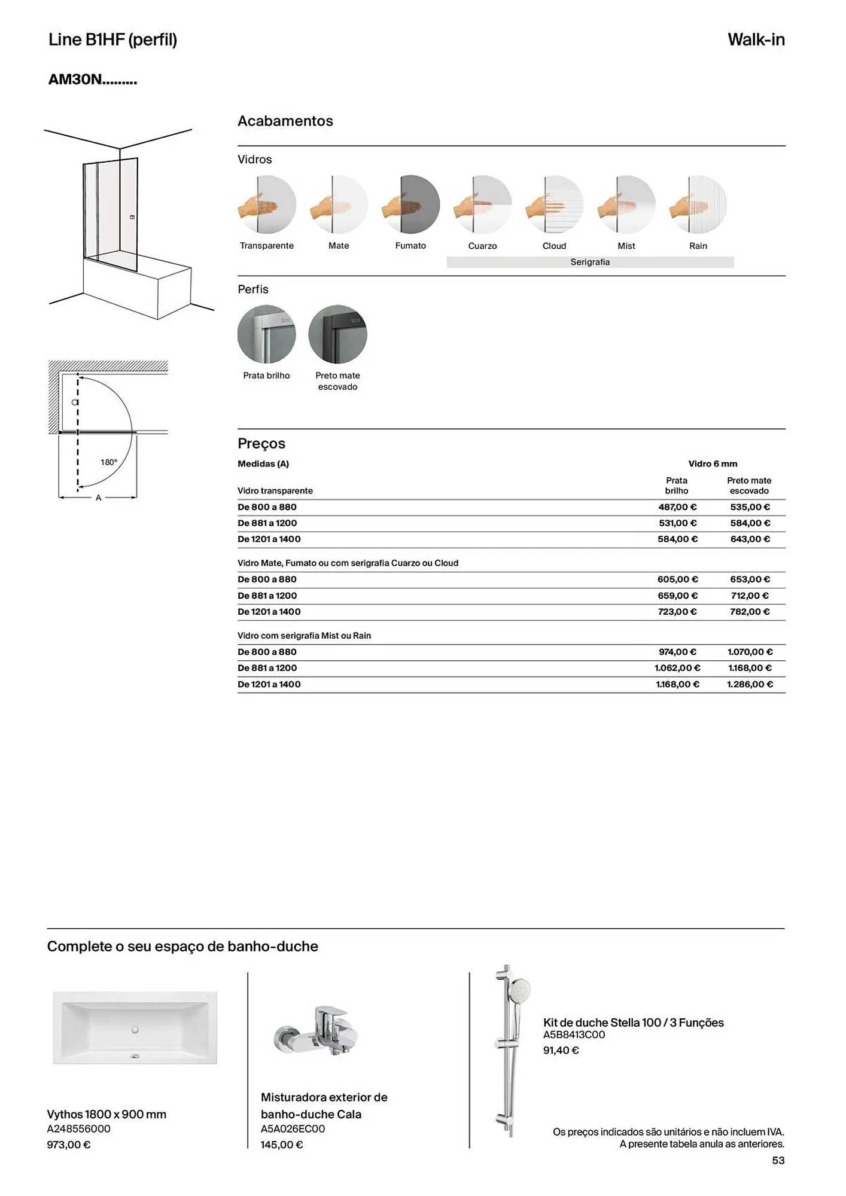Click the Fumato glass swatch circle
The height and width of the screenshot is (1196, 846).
pyautogui.click(x=411, y=205)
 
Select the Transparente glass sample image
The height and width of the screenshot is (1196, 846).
pyautogui.click(x=267, y=205)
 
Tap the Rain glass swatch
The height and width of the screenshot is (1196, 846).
pyautogui.click(x=698, y=205)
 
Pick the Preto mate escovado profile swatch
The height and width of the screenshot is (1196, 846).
pyautogui.click(x=337, y=334)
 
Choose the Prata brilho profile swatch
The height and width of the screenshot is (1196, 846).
pyautogui.click(x=266, y=334)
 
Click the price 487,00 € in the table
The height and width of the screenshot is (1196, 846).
pyautogui.click(x=677, y=507)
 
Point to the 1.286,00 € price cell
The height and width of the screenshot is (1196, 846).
pyautogui.click(x=750, y=684)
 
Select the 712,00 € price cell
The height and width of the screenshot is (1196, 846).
pyautogui.click(x=749, y=596)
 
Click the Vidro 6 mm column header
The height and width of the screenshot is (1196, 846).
pyautogui.click(x=713, y=464)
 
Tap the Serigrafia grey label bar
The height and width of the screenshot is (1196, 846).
pyautogui.click(x=590, y=262)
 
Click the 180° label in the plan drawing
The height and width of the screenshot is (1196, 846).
pyautogui.click(x=109, y=462)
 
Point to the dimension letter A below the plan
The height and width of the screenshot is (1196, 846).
pyautogui.click(x=99, y=498)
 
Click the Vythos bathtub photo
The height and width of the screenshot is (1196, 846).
pyautogui.click(x=135, y=1028)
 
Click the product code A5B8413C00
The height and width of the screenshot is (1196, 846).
pyautogui.click(x=574, y=1035)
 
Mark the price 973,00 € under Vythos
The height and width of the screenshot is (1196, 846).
pyautogui.click(x=69, y=1145)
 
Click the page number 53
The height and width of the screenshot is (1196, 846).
pyautogui.click(x=778, y=1161)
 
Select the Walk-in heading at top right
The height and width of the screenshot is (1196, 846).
pyautogui.click(x=756, y=40)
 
